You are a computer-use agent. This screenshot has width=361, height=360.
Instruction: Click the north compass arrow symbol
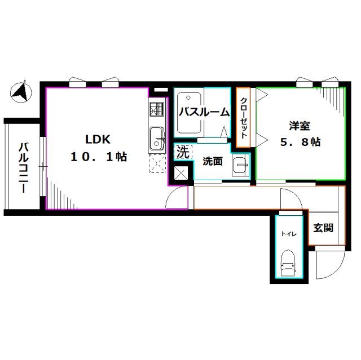click(x=21, y=92)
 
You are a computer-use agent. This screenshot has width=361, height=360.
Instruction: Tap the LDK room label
click(x=98, y=139)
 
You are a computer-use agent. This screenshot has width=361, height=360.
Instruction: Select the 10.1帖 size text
click(x=99, y=157)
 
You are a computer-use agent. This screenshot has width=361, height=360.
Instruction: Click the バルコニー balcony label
click(x=23, y=167)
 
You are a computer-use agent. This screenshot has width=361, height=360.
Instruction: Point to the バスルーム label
click(x=204, y=113)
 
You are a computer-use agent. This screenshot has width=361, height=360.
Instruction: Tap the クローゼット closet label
click(x=244, y=118)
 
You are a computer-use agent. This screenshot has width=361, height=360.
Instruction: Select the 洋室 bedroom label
click(x=300, y=126)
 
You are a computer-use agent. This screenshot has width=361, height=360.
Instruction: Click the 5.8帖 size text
click(x=300, y=142)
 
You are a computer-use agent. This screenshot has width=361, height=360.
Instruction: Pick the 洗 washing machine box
click(x=183, y=152)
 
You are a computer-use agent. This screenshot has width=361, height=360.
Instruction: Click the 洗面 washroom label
click(x=213, y=161)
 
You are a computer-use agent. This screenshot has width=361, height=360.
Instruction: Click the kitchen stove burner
click(x=157, y=109)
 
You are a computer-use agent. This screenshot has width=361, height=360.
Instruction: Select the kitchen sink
click(x=157, y=139)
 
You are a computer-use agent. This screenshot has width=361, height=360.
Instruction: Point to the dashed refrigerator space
click(x=157, y=163)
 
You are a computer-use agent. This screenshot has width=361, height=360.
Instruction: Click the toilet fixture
click(x=289, y=263)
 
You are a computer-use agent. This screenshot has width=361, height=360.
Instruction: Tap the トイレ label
click(x=289, y=234)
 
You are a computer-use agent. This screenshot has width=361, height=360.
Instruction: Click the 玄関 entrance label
click(x=323, y=228)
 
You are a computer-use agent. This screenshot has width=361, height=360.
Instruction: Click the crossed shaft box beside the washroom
click(x=180, y=173)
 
